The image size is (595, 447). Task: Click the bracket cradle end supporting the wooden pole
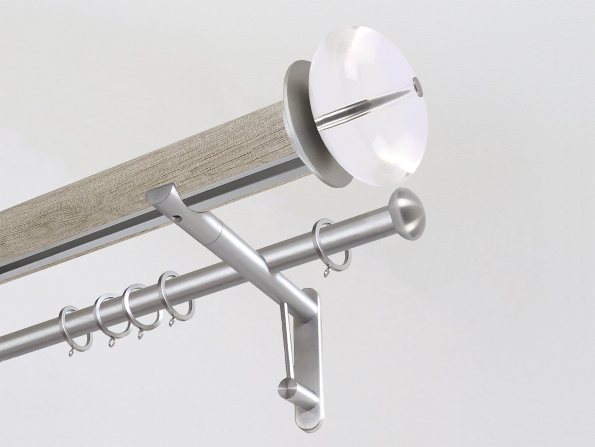(x=159, y=198)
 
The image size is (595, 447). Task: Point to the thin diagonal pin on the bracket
(x=284, y=336)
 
